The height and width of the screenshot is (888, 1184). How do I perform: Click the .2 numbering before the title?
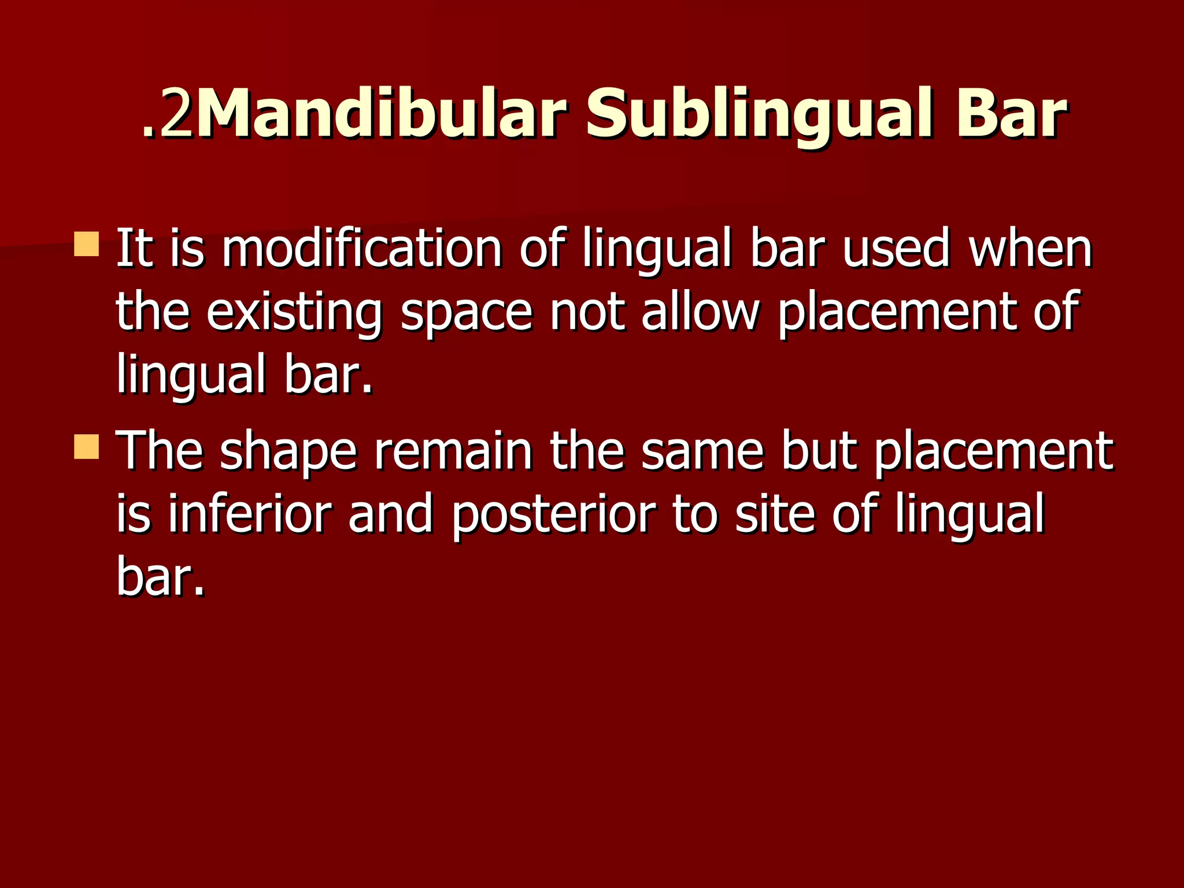point(167,114)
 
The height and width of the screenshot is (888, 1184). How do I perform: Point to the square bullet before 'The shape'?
point(87,447)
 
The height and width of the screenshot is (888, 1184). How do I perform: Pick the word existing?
point(294,313)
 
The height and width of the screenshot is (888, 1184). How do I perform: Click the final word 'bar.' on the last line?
point(161,576)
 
